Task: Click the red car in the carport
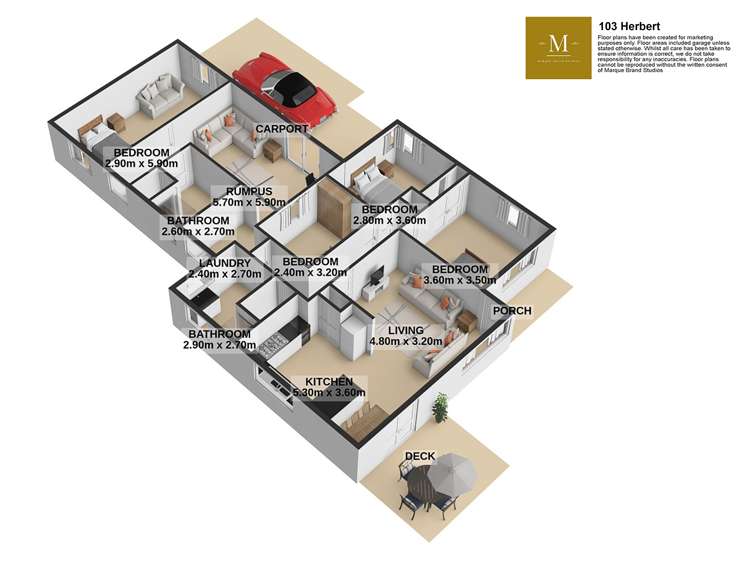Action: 284,89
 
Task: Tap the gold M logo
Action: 559,44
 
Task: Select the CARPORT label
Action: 280,130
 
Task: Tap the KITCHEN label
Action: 330,382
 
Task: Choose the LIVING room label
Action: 405,330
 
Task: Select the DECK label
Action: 419,457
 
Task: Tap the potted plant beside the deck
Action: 439,406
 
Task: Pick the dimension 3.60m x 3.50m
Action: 459,281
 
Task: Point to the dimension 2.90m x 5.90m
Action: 141,163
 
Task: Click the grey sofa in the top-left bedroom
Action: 160,97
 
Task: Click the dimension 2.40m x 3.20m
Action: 306,273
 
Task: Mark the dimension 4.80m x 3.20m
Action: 405,341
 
